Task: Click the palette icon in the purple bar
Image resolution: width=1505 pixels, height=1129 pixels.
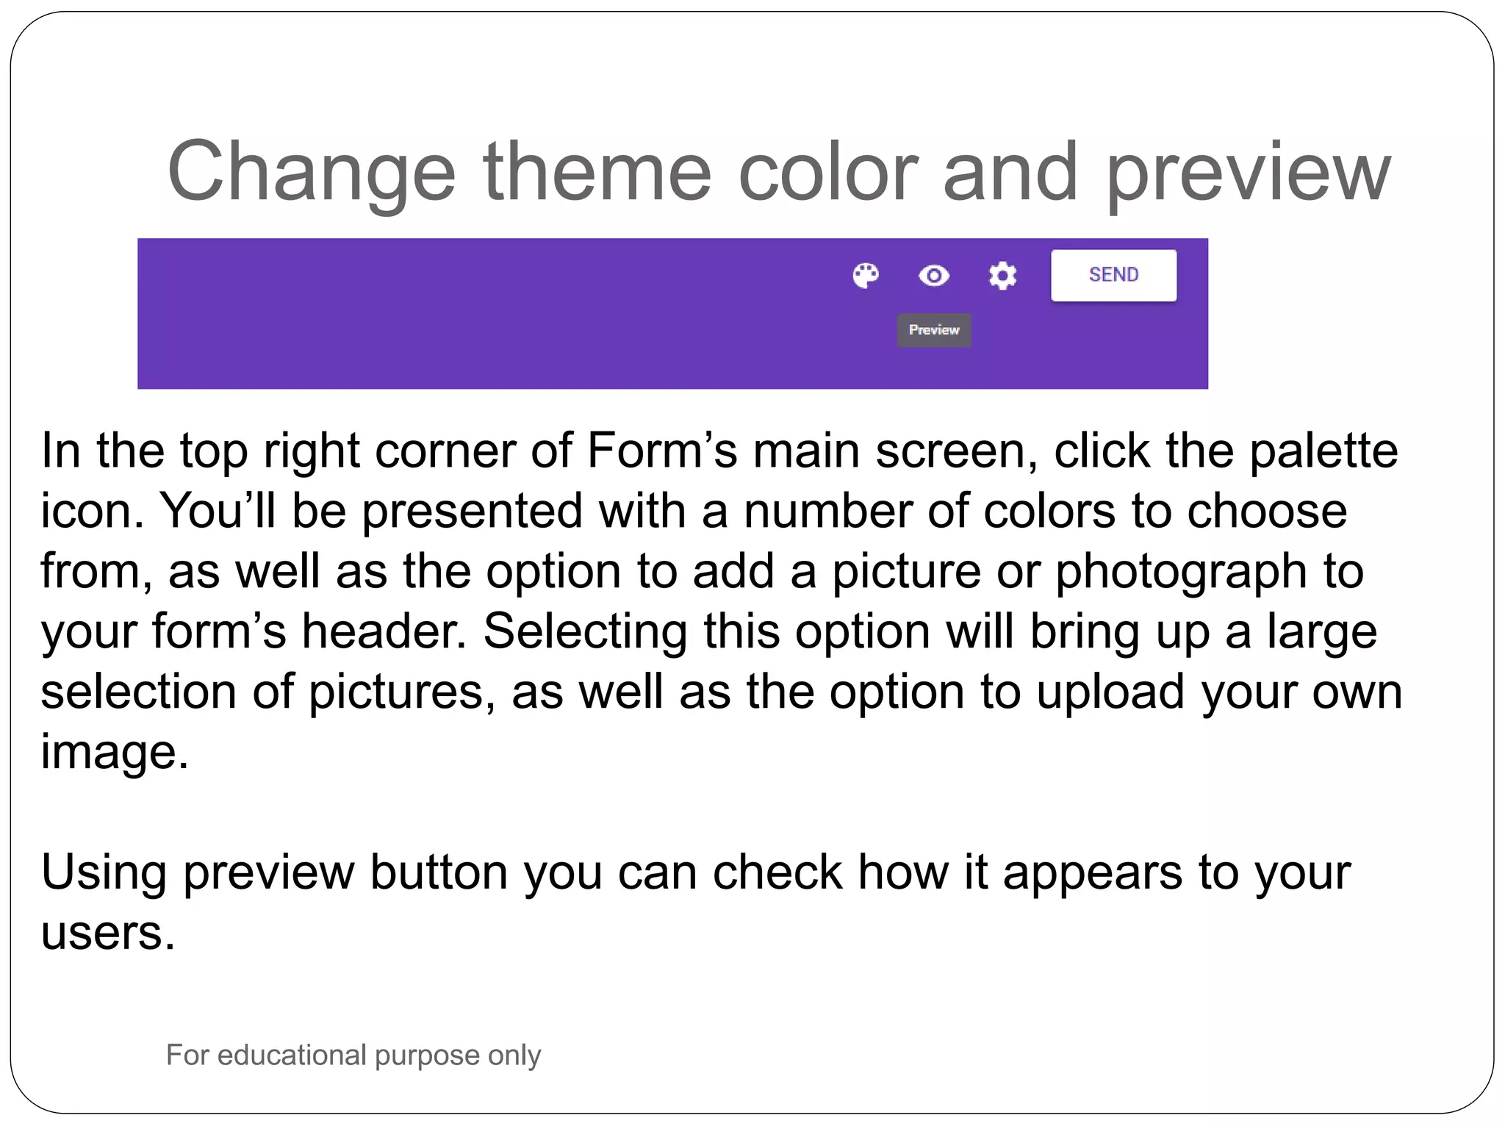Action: tap(866, 276)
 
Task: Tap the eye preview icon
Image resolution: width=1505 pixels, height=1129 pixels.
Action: tap(934, 276)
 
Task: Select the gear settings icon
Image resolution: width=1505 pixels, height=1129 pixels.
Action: tap(1002, 276)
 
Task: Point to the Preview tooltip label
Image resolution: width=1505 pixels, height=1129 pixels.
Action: tap(934, 330)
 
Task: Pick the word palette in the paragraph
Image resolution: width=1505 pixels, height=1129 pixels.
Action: tap(1323, 450)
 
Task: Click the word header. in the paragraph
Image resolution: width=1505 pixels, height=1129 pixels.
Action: tap(384, 631)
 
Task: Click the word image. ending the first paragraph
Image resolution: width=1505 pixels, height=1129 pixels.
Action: tap(115, 753)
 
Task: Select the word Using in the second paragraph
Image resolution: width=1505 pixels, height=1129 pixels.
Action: tap(104, 873)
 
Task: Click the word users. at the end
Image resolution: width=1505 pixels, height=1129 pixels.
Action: tap(108, 933)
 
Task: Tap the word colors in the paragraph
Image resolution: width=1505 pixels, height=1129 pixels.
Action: tap(1049, 510)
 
